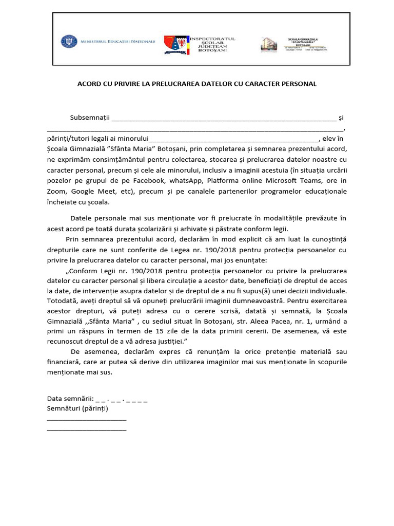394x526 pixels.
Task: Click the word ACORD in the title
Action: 88,83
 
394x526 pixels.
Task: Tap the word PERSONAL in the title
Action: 299,83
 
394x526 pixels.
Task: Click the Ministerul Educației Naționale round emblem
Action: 68,41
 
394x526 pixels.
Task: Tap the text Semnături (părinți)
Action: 77,409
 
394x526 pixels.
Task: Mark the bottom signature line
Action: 86,429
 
